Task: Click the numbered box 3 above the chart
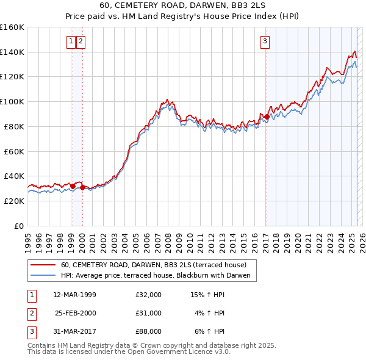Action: coord(265,41)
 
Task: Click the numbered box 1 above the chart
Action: coord(71,41)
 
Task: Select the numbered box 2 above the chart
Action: coord(81,41)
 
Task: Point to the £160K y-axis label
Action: coord(12,27)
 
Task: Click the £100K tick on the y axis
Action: coord(12,102)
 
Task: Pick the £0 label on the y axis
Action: coord(18,226)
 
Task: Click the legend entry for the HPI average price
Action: coord(157,276)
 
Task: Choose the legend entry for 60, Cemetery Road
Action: coord(153,265)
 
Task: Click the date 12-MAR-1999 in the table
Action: coord(74,295)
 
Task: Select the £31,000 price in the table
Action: coord(149,313)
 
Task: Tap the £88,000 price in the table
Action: coord(149,331)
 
